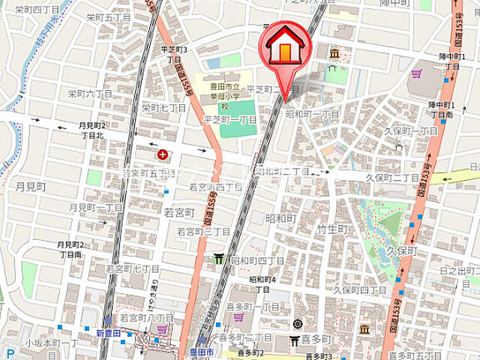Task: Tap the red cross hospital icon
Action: [x=163, y=154]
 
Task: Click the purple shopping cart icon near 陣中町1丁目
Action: [x=417, y=73]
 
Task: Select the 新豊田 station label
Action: [x=109, y=333]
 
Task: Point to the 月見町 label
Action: [x=31, y=185]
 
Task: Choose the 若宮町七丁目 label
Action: [x=132, y=268]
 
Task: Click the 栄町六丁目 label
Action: [x=90, y=94]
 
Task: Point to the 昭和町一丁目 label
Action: [x=312, y=114]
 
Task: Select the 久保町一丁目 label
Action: [x=412, y=130]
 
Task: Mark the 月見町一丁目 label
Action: [x=95, y=207]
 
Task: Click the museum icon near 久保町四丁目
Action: [x=364, y=329]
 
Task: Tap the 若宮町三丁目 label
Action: [x=203, y=232]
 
